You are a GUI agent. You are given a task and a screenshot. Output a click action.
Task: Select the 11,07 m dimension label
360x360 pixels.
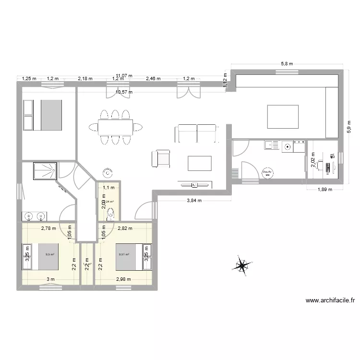coord(124,75)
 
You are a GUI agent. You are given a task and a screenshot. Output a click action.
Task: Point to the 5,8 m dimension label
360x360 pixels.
coord(287,63)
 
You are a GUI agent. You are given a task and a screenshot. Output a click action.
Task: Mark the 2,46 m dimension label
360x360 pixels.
coord(154,78)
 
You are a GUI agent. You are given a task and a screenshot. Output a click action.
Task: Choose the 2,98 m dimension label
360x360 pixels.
coord(123,279)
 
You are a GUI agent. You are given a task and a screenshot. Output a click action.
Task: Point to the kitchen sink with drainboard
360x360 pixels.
coord(271,144)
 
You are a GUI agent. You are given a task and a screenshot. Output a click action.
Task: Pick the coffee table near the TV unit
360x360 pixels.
coord(199,163)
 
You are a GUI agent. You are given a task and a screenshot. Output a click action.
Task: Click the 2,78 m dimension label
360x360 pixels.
coord(48,228)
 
